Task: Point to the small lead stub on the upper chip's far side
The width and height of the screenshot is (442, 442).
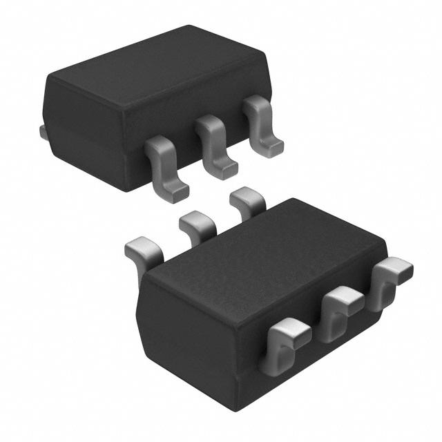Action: tap(43, 131)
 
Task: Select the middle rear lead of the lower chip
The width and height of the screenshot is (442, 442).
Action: tap(197, 224)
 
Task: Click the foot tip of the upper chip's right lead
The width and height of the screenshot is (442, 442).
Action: tap(273, 148)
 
